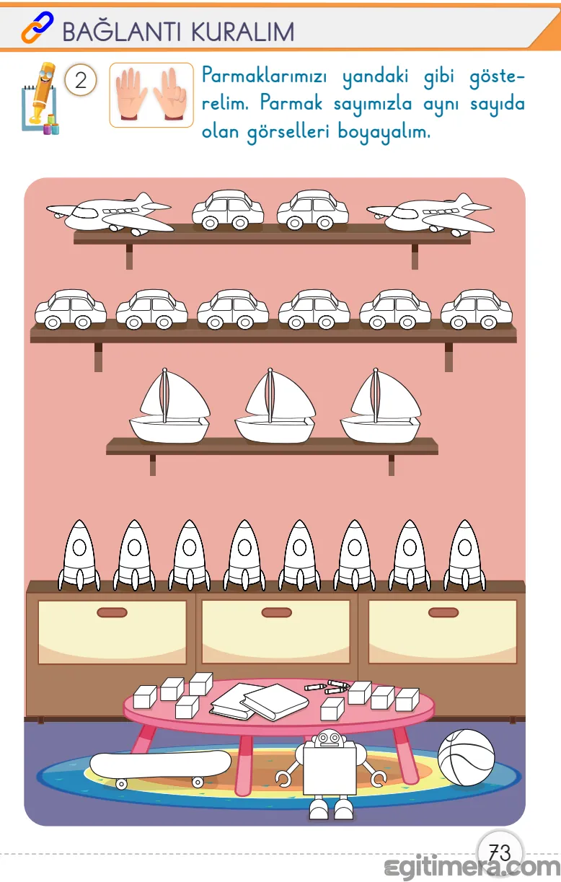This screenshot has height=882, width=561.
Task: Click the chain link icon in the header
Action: tap(37, 27)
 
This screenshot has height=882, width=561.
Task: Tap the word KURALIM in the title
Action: tap(243, 32)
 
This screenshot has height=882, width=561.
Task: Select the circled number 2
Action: tap(81, 80)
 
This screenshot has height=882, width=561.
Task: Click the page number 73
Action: tap(500, 853)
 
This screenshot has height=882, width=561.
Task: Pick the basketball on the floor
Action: tap(466, 758)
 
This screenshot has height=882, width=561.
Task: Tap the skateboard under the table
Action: tap(160, 769)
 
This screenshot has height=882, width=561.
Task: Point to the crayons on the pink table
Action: tap(327, 687)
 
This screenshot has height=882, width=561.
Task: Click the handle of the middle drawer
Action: tap(276, 612)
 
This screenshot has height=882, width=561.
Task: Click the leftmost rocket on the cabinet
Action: tap(79, 555)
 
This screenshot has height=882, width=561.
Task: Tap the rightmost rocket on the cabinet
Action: tap(464, 555)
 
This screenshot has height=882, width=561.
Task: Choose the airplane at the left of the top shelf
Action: tap(110, 213)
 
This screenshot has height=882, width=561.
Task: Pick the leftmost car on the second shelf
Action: tap(71, 309)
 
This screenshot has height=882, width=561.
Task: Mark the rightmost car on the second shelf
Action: tap(477, 309)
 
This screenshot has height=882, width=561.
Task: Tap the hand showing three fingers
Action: tap(170, 94)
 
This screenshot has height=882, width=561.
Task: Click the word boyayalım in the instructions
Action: tap(384, 132)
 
